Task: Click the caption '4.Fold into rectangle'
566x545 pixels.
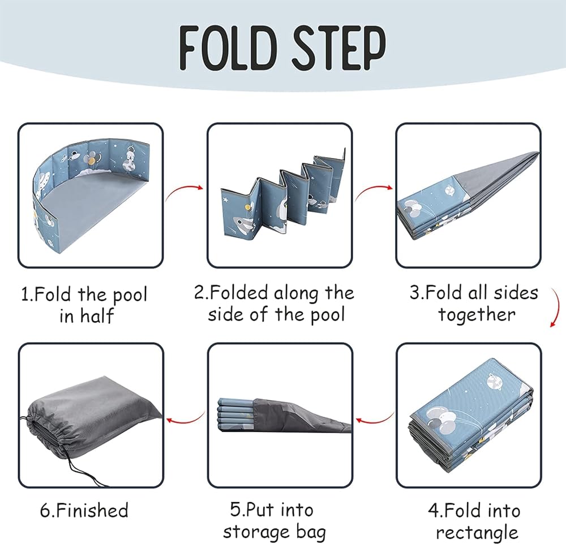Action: point(474,521)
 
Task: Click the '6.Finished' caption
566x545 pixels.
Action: point(84,510)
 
